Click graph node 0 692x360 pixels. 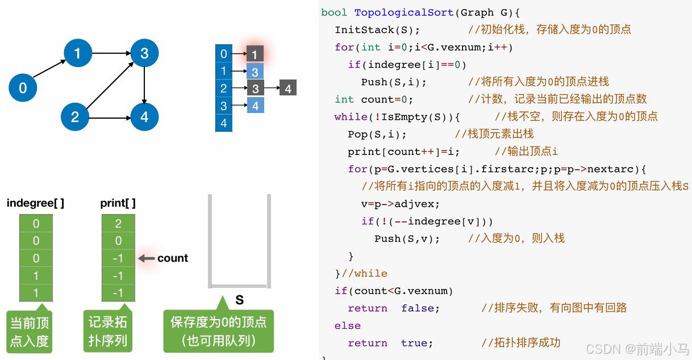[23, 88]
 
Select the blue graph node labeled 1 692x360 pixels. [78, 53]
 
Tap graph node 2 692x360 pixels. [75, 118]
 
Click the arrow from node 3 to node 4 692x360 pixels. [144, 85]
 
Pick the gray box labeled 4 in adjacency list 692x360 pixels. [288, 89]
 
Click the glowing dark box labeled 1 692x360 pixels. [255, 55]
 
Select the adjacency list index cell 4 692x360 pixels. [224, 123]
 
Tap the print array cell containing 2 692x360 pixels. [118, 224]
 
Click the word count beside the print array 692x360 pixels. [173, 258]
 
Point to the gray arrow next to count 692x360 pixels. [147, 258]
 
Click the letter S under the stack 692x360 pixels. [239, 300]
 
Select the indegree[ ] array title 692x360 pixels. [35, 203]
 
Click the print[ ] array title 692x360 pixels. [118, 203]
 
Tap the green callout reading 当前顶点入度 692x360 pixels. [30, 332]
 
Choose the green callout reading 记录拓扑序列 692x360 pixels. [107, 332]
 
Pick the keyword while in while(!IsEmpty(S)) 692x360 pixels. [351, 117]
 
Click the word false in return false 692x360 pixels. [420, 308]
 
